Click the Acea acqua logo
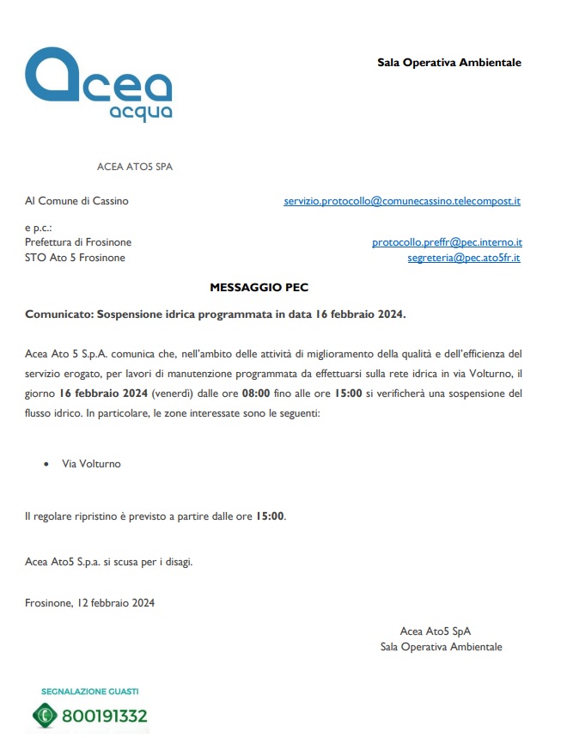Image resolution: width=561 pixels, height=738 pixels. pos(99,84)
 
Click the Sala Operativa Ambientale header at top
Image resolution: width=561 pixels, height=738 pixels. pos(449,63)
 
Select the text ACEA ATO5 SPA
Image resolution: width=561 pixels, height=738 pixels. pos(135,167)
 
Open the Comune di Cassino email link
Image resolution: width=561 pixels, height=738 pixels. pos(402,201)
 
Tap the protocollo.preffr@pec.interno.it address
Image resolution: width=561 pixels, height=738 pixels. pos(447,242)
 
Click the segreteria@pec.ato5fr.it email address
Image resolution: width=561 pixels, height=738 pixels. pos(464,257)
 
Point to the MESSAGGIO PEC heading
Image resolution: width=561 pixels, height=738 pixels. pos(259,288)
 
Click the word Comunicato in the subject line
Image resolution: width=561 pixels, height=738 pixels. pos(58,314)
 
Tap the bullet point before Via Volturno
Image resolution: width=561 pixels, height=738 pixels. pos(46,464)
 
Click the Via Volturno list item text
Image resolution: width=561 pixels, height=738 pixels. pos(91,464)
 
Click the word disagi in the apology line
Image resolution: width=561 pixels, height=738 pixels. pos(177,563)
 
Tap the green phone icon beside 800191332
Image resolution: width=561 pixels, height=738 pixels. pos(44,715)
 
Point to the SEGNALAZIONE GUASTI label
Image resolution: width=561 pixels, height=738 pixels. pos(89,691)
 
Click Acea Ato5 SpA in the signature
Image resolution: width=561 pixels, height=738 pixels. pos(435,631)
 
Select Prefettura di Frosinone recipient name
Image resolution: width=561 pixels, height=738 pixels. pos(78,242)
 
